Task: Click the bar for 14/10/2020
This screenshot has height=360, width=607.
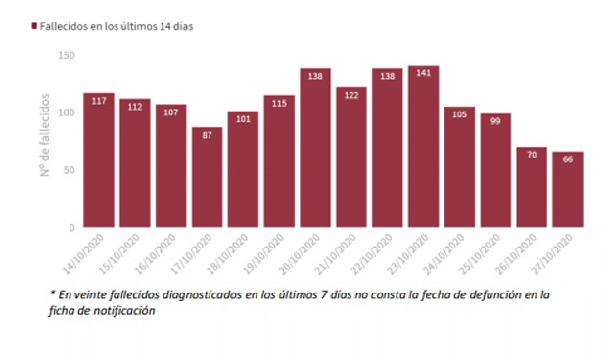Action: tap(99, 161)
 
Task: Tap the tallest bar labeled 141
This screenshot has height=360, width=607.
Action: tap(423, 147)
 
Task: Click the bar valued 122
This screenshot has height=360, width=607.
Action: tap(350, 157)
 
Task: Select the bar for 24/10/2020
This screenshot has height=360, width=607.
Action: tap(459, 167)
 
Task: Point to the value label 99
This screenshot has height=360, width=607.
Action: tap(495, 121)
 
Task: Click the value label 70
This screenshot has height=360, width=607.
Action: tap(531, 155)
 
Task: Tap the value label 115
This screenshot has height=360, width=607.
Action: tap(279, 103)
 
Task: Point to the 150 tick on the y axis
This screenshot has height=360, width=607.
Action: tap(66, 55)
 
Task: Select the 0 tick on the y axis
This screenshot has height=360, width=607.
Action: tap(71, 227)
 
